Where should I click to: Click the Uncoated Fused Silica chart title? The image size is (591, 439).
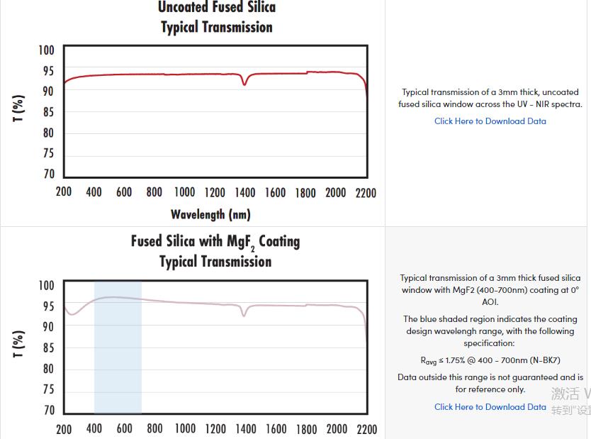[216, 8]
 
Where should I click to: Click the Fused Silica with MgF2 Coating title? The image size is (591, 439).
[215, 241]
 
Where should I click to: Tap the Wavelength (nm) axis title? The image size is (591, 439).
[210, 214]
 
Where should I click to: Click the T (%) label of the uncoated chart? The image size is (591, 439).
[19, 109]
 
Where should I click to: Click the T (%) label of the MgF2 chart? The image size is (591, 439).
[19, 344]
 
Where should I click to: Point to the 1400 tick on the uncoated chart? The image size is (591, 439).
[245, 192]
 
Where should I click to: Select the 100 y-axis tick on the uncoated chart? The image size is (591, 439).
[46, 50]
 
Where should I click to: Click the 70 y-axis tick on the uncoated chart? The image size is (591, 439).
[48, 174]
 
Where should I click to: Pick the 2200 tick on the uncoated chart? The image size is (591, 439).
[366, 192]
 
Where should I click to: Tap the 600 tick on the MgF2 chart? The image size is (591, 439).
[124, 428]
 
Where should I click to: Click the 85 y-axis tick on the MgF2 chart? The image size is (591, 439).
[48, 348]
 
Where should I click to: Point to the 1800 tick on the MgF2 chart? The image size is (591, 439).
[306, 428]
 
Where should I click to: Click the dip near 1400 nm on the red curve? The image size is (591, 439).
[244, 84]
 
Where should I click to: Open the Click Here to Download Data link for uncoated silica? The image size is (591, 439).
[490, 121]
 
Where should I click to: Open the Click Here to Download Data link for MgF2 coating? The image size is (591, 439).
[490, 407]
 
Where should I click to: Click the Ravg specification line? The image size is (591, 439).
[490, 360]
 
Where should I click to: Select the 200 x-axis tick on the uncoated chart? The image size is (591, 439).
[64, 192]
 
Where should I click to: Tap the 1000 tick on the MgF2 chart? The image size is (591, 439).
[184, 428]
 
